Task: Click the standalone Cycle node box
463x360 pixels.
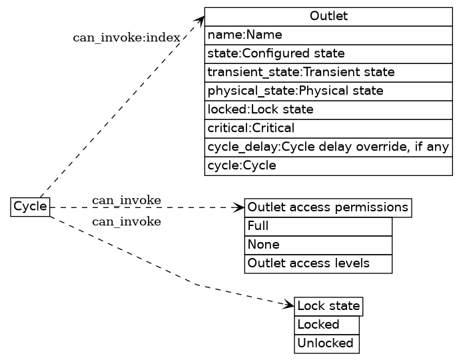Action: [x=30, y=207]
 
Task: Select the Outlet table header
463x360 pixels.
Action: [x=328, y=17]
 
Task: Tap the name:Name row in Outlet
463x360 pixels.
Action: [x=328, y=35]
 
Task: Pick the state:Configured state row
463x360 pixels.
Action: [x=328, y=53]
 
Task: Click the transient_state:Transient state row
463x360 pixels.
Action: [x=328, y=72]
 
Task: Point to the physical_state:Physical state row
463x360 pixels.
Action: [x=328, y=91]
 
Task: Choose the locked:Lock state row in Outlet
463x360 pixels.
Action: [x=328, y=109]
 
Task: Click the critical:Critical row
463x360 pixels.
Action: [x=328, y=128]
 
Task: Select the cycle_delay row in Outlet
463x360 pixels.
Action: [x=328, y=147]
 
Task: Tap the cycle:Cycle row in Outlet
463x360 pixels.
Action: [x=328, y=165]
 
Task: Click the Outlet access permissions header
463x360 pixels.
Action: [x=328, y=208]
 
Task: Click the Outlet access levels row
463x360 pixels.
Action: [x=318, y=264]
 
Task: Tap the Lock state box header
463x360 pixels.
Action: [x=328, y=307]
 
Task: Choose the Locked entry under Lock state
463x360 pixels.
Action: [x=326, y=325]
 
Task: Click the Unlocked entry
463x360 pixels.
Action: [x=326, y=344]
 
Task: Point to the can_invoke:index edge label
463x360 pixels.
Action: [x=126, y=37]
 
